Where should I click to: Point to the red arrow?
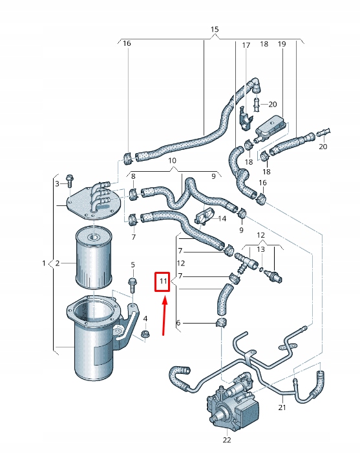[164, 316]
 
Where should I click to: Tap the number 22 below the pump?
[226, 440]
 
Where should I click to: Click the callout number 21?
[282, 408]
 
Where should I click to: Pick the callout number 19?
[282, 44]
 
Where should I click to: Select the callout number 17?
[246, 45]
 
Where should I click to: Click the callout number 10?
[172, 160]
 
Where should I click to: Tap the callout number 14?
[222, 218]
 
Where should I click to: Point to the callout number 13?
[261, 249]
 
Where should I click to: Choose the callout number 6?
[178, 323]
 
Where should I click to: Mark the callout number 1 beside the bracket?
[45, 263]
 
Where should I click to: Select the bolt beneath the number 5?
[132, 285]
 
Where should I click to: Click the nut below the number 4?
[145, 334]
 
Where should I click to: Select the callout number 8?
[133, 176]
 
